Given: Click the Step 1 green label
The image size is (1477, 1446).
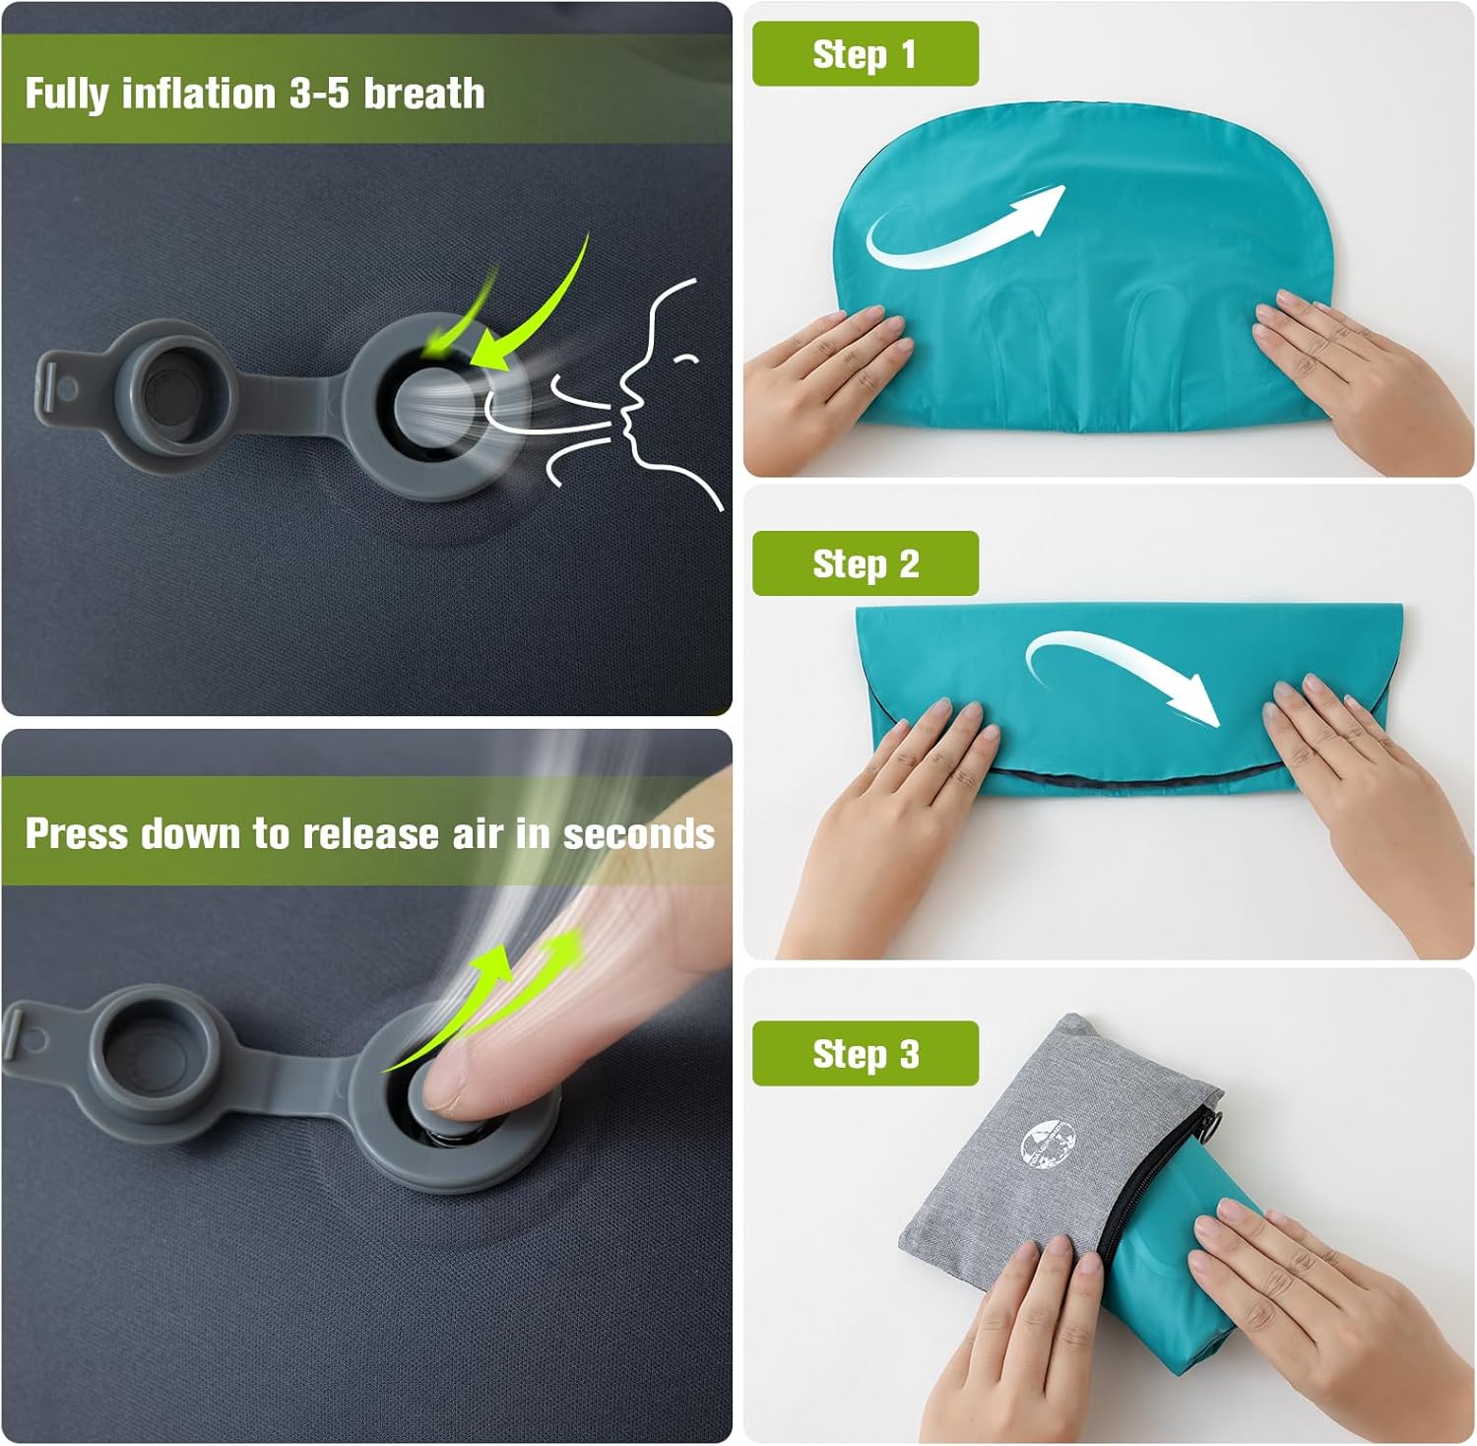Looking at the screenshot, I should (x=865, y=54).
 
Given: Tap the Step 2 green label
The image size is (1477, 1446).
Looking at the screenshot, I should (x=865, y=564).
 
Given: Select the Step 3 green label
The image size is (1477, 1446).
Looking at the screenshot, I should (x=865, y=1054).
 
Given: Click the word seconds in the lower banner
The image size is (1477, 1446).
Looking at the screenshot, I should (x=638, y=834).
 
